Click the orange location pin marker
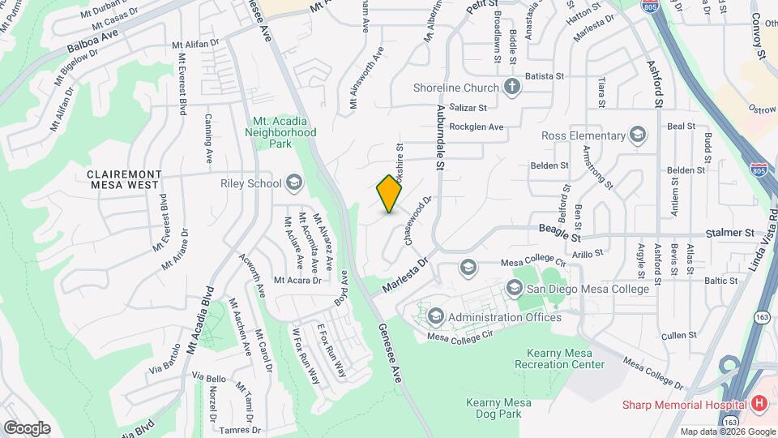click(390, 194)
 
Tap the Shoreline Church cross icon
click(511, 87)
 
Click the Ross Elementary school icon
click(638, 135)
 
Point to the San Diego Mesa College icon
click(514, 288)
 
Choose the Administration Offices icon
click(435, 316)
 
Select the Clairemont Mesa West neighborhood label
click(125, 180)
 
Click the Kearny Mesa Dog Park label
click(498, 408)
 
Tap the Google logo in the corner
click(27, 427)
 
